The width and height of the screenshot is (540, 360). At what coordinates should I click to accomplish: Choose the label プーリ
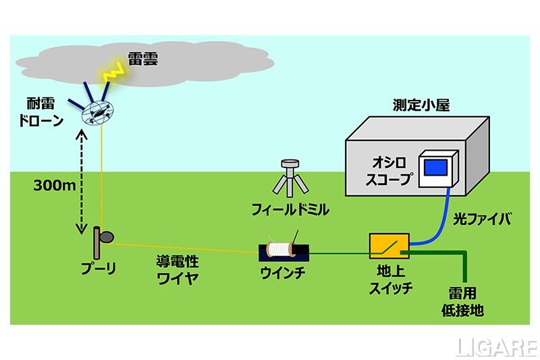(x=99, y=269)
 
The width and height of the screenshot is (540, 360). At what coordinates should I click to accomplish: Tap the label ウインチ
(x=283, y=274)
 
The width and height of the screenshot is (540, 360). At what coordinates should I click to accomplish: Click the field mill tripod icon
(x=291, y=178)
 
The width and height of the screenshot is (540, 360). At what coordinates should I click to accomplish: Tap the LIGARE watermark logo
(x=495, y=347)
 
